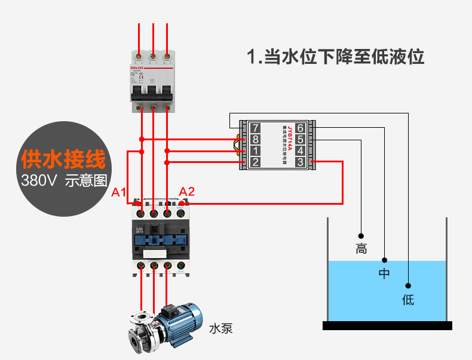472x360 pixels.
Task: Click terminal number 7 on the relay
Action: click(256, 128)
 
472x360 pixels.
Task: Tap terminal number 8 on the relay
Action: click(256, 139)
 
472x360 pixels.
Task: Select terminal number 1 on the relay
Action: click(256, 150)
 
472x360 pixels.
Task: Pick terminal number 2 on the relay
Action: click(256, 162)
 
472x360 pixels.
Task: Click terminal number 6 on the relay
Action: click(300, 128)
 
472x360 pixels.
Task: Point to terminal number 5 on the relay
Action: click(300, 139)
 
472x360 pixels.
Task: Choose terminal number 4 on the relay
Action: click(300, 150)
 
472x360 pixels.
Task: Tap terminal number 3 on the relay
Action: click(300, 162)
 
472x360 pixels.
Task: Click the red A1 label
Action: click(119, 192)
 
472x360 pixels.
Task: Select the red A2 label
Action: click(187, 192)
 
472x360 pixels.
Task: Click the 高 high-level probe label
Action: click(361, 248)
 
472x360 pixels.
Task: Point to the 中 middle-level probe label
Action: click(384, 274)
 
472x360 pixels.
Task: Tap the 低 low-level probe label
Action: click(408, 299)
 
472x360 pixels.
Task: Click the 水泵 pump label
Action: click(220, 328)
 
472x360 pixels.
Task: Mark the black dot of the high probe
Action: click(361, 235)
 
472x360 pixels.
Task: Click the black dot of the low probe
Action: click(409, 285)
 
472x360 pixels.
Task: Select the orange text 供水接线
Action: click(63, 159)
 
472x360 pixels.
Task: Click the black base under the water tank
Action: click(387, 325)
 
